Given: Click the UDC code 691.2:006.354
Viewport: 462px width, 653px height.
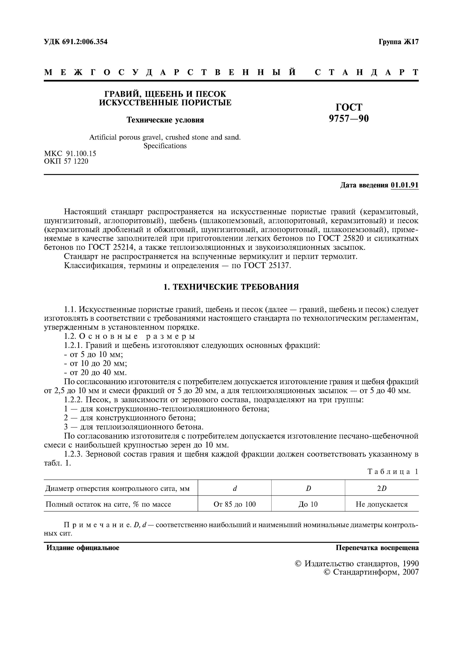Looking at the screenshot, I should (85, 42).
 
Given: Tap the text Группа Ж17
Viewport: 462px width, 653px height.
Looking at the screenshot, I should (399, 42).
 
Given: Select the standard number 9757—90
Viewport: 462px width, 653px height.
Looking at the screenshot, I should (349, 118).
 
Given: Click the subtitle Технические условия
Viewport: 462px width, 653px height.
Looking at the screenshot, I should (165, 120).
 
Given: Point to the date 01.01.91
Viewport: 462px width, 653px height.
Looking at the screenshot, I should (404, 185).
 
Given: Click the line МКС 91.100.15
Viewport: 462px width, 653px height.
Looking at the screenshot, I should (70, 154).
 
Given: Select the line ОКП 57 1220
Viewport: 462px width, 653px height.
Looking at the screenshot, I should (66, 161).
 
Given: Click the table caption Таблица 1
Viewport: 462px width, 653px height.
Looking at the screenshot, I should (393, 471).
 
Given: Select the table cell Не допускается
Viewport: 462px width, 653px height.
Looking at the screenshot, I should (382, 504).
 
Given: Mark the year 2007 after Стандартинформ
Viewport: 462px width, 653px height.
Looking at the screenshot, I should (411, 572).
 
